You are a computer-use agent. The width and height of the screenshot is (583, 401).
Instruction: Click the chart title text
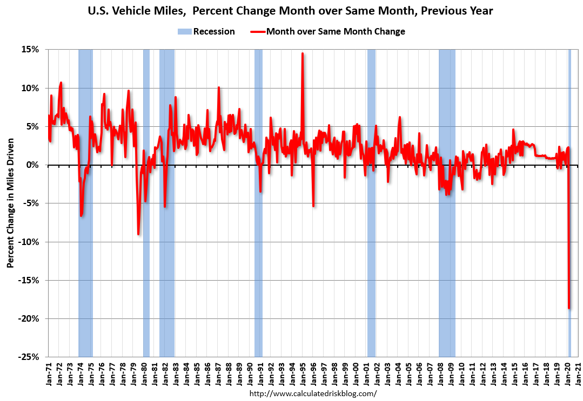291,10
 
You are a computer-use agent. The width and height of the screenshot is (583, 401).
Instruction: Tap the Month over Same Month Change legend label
335,31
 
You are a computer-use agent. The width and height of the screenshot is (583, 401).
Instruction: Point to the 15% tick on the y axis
30,50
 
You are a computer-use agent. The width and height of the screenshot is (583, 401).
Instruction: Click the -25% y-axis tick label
28,357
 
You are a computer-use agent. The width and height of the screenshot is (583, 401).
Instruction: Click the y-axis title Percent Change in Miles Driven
10,203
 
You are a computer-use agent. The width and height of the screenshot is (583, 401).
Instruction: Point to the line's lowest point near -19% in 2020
569,308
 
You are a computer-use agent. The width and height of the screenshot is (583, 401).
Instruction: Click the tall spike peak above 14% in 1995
303,53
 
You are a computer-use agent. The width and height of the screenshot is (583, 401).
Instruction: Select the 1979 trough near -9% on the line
138,234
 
